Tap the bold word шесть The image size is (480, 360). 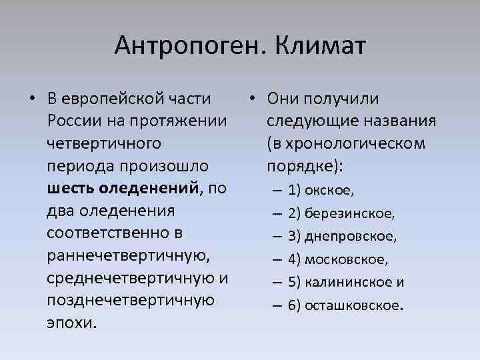(x=72, y=189)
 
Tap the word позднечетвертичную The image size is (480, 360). (x=131, y=301)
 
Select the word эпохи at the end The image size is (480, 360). (x=72, y=324)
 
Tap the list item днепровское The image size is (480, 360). (x=351, y=237)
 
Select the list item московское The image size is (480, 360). (x=347, y=259)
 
